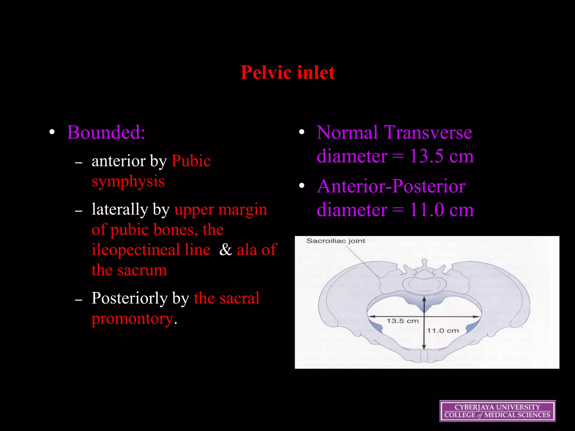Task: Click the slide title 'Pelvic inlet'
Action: (287, 72)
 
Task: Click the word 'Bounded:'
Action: (106, 132)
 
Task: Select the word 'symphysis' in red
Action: (128, 181)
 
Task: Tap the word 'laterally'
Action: (120, 209)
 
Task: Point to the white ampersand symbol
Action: (225, 249)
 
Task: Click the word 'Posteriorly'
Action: (129, 298)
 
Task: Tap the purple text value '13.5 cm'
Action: (441, 156)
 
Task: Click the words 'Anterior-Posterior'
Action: (391, 186)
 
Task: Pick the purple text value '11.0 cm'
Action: (441, 210)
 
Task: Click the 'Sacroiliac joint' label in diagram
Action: (336, 241)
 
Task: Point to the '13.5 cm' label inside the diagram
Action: (402, 321)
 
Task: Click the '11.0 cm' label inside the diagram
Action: (443, 331)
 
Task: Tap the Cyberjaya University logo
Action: (497, 411)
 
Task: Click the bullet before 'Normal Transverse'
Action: (302, 132)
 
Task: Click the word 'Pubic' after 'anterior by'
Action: (191, 161)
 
